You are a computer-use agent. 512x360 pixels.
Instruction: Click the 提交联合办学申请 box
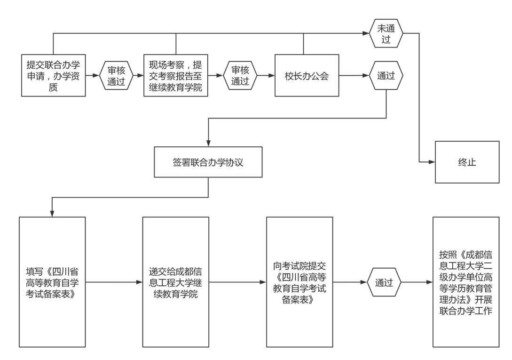click(54, 75)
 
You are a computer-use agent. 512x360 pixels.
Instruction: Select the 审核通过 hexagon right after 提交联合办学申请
click(116, 75)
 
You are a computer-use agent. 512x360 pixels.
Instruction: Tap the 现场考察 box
click(176, 75)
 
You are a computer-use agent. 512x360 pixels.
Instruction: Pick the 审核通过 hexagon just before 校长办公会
click(240, 75)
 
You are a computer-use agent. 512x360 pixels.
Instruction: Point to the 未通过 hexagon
click(386, 34)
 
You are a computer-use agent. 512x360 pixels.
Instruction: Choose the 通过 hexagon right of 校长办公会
click(386, 75)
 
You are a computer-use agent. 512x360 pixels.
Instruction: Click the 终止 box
click(467, 162)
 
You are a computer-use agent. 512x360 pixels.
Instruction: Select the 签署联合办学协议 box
click(208, 162)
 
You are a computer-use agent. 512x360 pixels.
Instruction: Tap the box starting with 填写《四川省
click(52, 282)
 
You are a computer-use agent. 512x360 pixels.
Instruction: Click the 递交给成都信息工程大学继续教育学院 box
click(176, 282)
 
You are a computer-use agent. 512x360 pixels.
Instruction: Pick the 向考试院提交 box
click(299, 282)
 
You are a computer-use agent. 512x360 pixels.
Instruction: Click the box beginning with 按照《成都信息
click(466, 282)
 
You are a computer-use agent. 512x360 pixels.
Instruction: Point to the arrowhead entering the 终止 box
click(432, 162)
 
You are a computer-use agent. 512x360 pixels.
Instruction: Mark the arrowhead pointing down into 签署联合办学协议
click(208, 144)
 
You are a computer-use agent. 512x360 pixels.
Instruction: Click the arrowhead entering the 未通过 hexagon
click(366, 34)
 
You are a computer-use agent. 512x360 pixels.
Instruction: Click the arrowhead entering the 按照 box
click(430, 282)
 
